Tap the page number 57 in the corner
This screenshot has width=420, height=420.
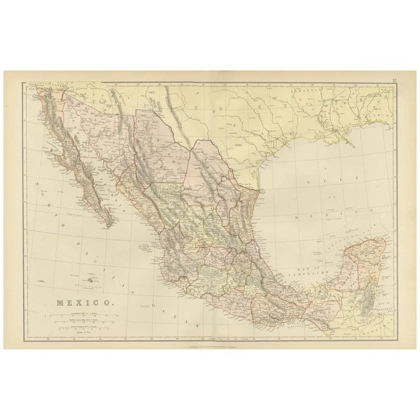(393, 80)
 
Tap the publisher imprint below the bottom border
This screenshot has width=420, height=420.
(210, 344)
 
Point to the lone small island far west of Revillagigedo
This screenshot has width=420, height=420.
(43, 280)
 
